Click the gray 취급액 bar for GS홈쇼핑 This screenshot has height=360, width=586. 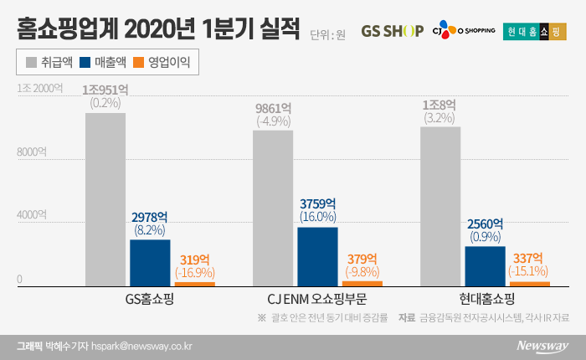(105, 200)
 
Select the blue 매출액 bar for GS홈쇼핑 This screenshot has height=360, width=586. (150, 264)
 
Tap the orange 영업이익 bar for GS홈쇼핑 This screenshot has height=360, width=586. (195, 284)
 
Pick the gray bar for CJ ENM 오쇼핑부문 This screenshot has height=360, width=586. (273, 208)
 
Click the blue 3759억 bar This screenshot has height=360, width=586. (317, 257)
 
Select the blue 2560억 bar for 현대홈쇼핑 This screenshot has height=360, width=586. (485, 266)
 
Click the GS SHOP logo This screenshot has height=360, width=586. (392, 33)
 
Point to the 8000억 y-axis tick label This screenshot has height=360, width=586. (33, 152)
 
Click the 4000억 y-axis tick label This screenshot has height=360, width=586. (33, 215)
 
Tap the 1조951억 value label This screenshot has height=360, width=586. (105, 90)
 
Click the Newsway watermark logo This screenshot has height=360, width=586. (542, 344)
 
